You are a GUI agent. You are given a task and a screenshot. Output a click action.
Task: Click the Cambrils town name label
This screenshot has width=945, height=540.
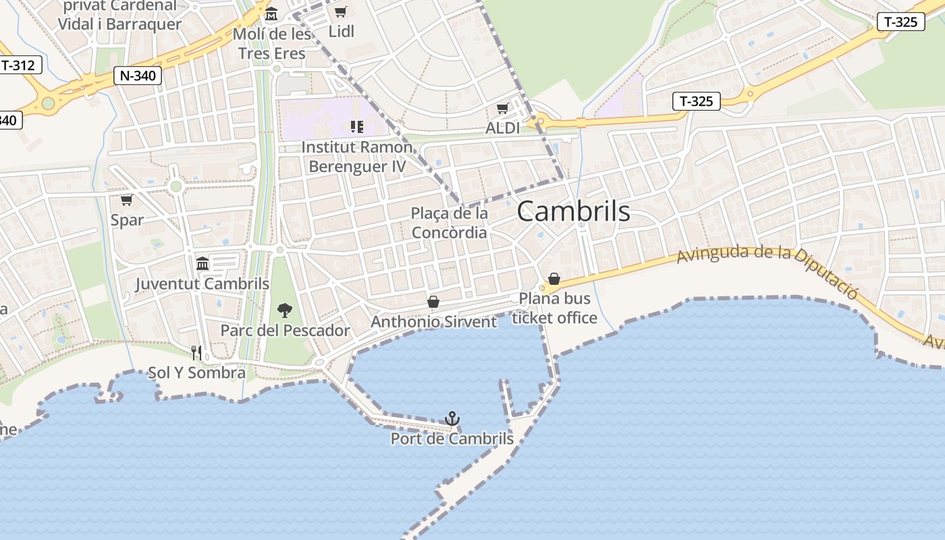pyautogui.click(x=573, y=211)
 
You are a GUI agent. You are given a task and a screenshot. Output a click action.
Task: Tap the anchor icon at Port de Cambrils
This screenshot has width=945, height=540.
pyautogui.click(x=452, y=418)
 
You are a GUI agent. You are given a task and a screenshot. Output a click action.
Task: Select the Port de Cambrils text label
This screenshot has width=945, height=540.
pyautogui.click(x=452, y=439)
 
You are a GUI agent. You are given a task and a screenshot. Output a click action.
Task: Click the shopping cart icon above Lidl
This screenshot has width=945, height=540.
pyautogui.click(x=341, y=12)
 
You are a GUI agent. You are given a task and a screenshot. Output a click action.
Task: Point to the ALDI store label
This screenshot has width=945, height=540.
pyautogui.click(x=503, y=128)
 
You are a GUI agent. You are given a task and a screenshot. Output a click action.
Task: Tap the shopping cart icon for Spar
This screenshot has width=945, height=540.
pyautogui.click(x=126, y=200)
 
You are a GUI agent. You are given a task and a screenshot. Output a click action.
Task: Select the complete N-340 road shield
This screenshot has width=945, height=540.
pyautogui.click(x=138, y=76)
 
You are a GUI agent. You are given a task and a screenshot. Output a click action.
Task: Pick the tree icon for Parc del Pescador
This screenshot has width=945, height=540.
pyautogui.click(x=285, y=310)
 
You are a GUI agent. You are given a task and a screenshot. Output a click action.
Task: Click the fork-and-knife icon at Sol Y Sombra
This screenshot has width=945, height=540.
pyautogui.click(x=196, y=352)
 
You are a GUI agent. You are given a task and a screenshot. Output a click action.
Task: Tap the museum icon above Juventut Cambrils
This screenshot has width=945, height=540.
pyautogui.click(x=202, y=263)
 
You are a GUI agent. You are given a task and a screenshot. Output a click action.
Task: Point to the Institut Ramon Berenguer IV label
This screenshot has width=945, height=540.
pyautogui.click(x=357, y=157)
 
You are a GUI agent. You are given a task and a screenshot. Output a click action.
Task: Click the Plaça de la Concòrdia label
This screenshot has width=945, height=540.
pyautogui.click(x=449, y=223)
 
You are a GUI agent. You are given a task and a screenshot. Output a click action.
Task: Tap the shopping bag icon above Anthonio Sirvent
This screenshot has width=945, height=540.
pyautogui.click(x=433, y=302)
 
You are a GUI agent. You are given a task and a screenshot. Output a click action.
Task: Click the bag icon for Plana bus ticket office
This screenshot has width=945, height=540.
pyautogui.click(x=554, y=279)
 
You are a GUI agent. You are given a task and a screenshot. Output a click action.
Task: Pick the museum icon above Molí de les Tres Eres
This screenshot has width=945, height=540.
pyautogui.click(x=271, y=13)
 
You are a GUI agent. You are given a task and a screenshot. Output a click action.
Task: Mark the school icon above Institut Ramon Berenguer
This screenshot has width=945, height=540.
pyautogui.click(x=357, y=126)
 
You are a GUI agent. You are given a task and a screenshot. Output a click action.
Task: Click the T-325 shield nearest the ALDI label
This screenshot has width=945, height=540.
pyautogui.click(x=697, y=102)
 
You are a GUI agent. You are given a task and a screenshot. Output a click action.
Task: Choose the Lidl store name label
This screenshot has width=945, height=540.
pyautogui.click(x=341, y=32)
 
